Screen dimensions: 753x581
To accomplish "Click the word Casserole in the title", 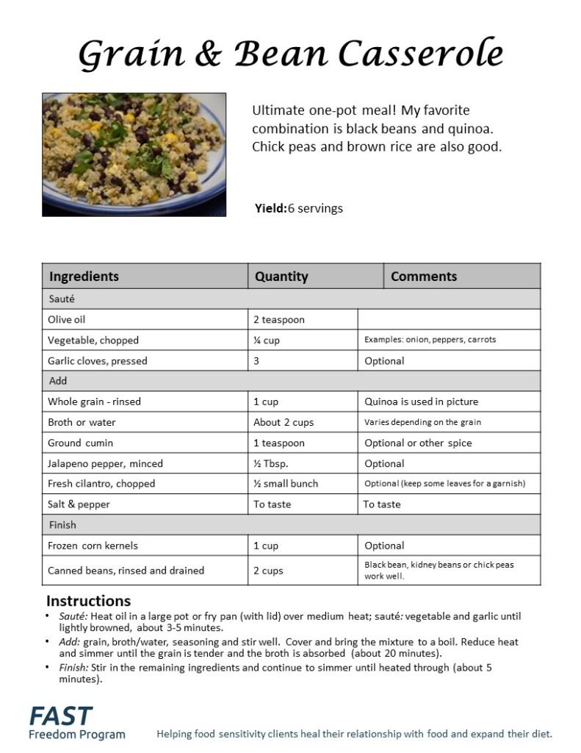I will point(421,54).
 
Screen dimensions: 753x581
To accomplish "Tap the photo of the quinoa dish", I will point(134,154).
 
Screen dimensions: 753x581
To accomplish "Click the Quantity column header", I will point(281,276).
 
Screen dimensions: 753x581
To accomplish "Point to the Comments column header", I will point(424,276).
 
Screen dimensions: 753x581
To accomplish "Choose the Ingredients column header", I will point(84,276).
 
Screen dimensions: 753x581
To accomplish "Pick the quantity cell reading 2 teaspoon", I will point(279,320).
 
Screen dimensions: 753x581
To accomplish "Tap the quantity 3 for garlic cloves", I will point(257,361).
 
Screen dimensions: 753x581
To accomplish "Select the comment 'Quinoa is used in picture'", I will point(421,402).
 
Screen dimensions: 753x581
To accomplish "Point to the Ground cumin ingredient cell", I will point(81,443).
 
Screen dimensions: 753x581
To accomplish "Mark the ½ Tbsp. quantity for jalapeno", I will point(273,463).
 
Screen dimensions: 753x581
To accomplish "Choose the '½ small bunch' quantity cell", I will point(286,484).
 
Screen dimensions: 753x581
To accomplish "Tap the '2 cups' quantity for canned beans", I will point(268,571).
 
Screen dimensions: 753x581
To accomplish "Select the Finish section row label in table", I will point(62,525).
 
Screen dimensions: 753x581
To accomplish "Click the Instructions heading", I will point(88,601).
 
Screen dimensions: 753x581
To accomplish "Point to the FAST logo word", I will point(61,715).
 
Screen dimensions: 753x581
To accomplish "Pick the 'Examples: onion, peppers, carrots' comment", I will point(430,340).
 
